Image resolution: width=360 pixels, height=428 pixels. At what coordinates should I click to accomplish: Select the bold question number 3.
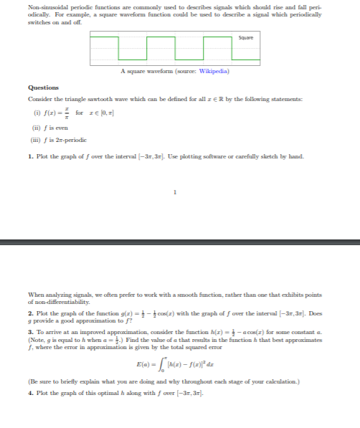(29, 336)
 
